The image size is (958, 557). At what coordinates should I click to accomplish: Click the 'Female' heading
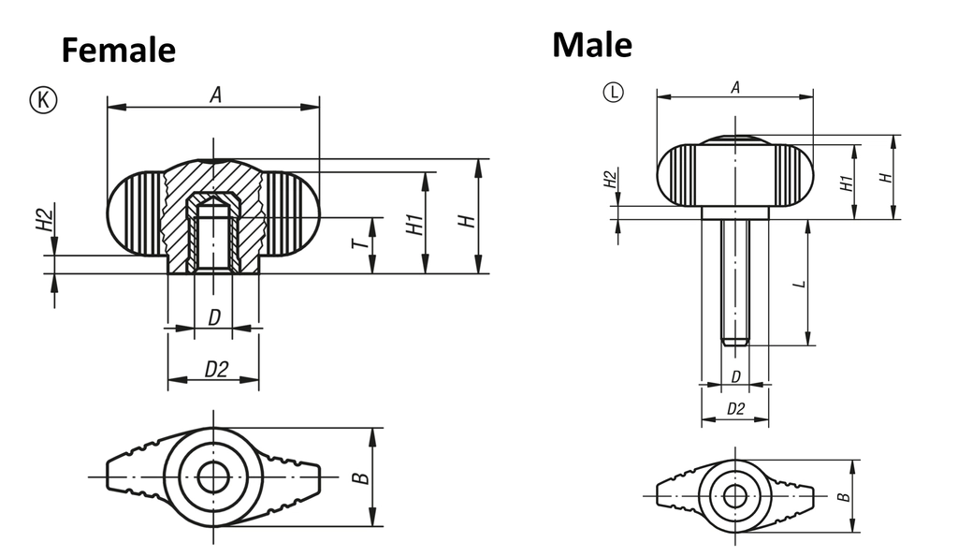point(119,51)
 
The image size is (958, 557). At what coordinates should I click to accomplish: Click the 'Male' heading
point(592,45)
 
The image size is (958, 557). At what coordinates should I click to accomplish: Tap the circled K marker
point(43,99)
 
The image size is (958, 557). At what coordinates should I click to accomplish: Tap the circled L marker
point(614,93)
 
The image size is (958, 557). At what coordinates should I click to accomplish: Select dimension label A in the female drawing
point(215,95)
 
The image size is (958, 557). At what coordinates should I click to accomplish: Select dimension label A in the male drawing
point(735,87)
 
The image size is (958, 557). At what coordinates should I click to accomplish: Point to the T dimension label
point(362,243)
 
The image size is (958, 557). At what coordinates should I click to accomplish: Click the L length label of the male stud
point(799,284)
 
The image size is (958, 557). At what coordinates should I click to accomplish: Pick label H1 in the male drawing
point(846,183)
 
